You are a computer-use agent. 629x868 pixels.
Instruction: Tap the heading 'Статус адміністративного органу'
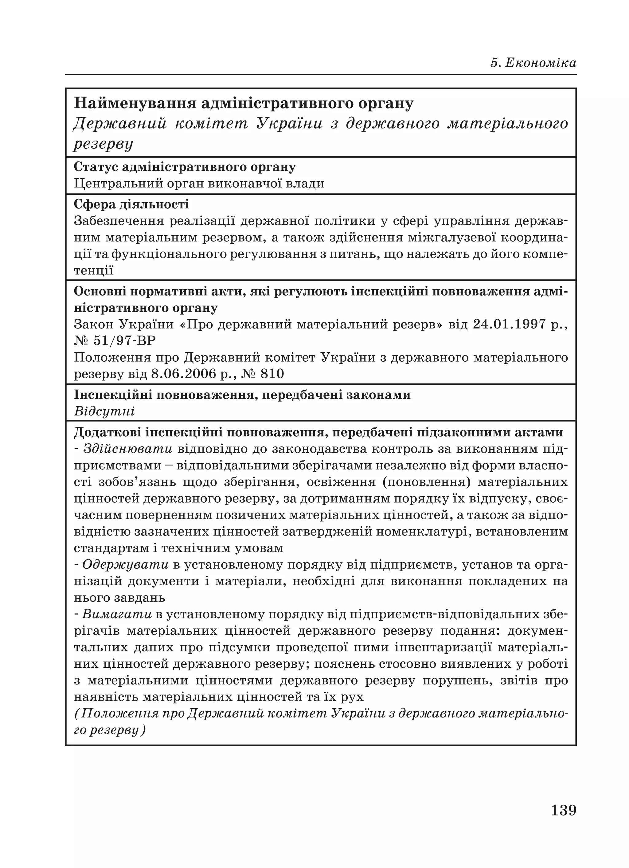(x=184, y=167)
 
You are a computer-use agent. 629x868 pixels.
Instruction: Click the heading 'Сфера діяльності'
(x=131, y=204)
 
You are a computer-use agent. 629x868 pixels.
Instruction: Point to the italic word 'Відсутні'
(x=104, y=411)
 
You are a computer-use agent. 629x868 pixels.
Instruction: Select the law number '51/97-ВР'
(x=124, y=341)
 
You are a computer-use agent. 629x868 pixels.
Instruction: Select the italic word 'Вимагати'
(x=117, y=614)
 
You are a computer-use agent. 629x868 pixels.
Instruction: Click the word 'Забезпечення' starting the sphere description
(x=118, y=221)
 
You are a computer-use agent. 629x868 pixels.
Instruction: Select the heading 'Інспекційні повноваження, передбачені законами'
(x=242, y=395)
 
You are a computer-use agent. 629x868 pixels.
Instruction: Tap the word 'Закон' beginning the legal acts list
(x=94, y=324)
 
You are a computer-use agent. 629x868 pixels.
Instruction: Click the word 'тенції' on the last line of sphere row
(x=94, y=271)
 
